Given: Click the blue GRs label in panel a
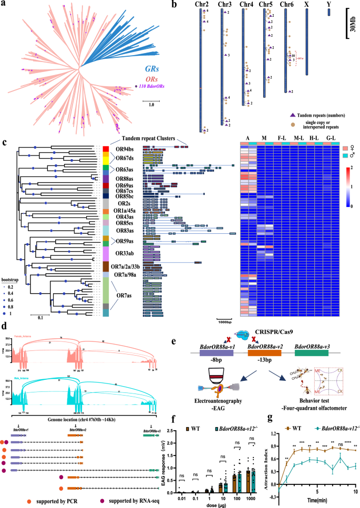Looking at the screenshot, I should coord(137,68).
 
